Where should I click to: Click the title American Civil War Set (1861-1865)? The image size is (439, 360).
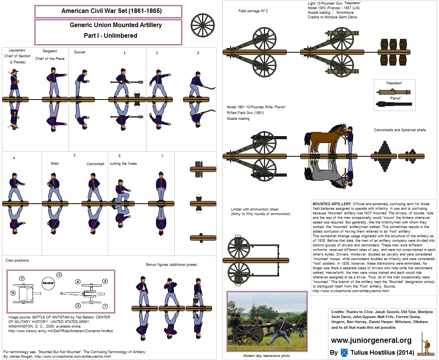click(x=111, y=11)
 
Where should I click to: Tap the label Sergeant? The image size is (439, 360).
click(x=50, y=51)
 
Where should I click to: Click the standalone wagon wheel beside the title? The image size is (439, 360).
click(x=203, y=26)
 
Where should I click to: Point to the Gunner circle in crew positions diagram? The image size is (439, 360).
click(x=48, y=283)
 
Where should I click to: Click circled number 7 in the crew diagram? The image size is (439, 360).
click(x=22, y=279)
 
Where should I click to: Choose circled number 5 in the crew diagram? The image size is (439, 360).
click(x=59, y=275)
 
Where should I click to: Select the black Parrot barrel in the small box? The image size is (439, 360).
click(x=394, y=104)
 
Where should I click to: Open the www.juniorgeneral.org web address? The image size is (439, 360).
click(x=371, y=340)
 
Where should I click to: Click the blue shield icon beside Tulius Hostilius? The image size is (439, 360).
click(x=344, y=352)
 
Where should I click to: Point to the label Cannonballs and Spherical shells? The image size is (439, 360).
click(x=400, y=130)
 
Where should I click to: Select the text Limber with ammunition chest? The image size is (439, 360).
click(x=255, y=209)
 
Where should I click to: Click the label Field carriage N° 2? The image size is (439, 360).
click(x=253, y=11)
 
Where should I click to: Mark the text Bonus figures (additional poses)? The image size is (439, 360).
click(x=171, y=264)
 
